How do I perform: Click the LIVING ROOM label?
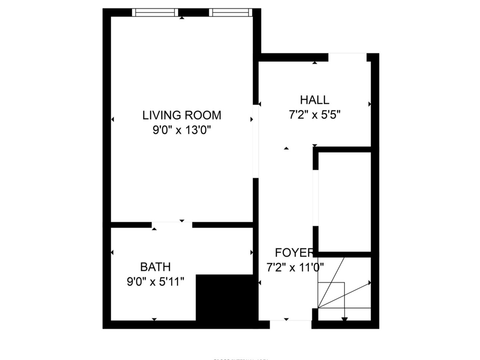tap(182, 115)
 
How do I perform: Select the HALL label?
tap(314, 100)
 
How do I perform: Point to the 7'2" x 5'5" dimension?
tap(314, 115)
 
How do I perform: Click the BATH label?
tap(155, 267)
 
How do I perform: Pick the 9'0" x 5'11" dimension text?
tap(155, 282)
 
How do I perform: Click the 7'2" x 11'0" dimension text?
tap(295, 267)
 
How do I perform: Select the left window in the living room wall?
tap(155, 13)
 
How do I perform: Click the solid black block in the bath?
tap(227, 297)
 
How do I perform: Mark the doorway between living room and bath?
tap(172, 224)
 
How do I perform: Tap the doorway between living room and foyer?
tap(256, 142)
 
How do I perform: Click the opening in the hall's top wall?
tap(347, 57)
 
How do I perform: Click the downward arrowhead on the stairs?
tap(344, 319)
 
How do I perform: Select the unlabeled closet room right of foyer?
tap(345, 202)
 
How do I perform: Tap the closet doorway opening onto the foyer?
tap(315, 198)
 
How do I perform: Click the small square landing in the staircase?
tap(331, 295)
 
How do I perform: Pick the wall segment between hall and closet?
tap(343, 149)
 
